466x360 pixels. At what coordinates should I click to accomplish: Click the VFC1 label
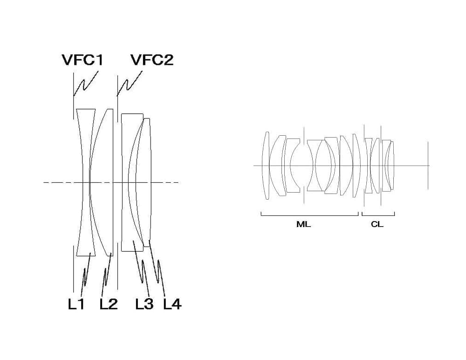(82, 60)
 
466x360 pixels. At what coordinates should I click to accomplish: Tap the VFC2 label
(152, 60)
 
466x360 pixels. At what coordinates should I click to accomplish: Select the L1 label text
(76, 304)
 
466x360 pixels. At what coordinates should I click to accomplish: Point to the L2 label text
(109, 304)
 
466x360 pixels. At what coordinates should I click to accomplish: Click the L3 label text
(144, 304)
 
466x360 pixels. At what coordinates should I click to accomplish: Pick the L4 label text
(172, 304)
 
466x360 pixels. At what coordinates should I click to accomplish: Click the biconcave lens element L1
(86, 182)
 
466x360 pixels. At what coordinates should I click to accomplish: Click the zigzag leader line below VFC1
(85, 83)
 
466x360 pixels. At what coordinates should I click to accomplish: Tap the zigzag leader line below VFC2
(129, 83)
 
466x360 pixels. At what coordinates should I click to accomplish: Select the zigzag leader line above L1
(86, 269)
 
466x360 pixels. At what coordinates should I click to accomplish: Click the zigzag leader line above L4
(157, 265)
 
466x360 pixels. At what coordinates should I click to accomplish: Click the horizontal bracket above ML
(310, 215)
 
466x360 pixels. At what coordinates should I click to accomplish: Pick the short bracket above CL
(378, 215)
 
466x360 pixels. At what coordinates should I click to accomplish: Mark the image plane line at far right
(428, 166)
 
